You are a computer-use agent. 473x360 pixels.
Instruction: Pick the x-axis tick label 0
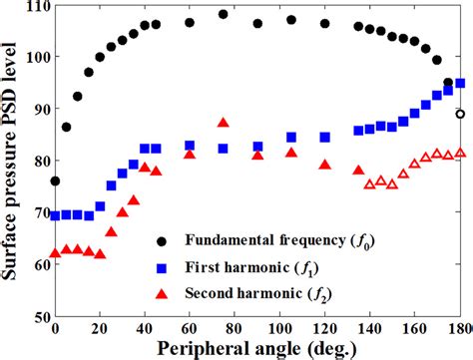55,329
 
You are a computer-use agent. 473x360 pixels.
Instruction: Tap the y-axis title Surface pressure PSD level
11,160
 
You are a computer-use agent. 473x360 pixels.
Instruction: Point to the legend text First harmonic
248,267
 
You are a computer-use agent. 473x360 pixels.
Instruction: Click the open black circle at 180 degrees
459,114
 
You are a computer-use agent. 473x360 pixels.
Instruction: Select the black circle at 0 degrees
55,181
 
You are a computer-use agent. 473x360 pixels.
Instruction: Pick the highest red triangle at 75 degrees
223,124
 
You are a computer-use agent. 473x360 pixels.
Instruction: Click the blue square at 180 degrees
459,84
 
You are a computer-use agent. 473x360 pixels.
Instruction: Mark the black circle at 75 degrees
223,15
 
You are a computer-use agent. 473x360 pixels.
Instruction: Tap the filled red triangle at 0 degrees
55,253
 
